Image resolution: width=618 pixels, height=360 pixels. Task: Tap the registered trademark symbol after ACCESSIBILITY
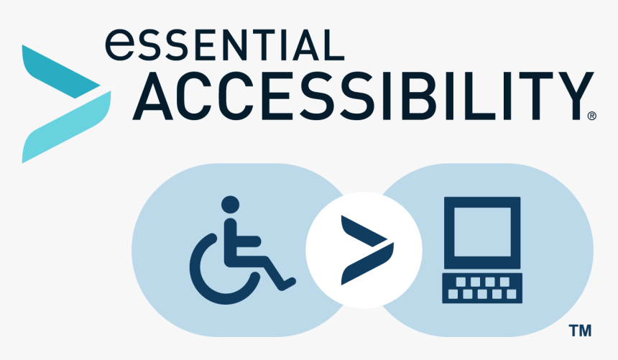point(592,115)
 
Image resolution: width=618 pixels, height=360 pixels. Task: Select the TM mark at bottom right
point(579,331)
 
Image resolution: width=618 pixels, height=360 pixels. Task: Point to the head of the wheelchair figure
point(230,205)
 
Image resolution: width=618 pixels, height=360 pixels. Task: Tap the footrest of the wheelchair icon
point(287,282)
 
